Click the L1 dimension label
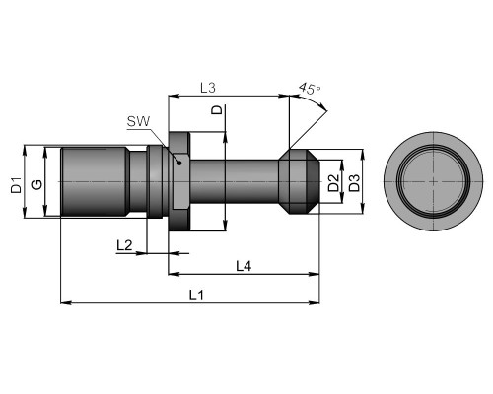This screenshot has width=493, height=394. point(196,295)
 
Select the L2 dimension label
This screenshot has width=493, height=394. point(124,245)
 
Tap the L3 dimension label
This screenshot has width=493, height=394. point(208,88)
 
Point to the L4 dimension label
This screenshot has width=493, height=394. point(244,266)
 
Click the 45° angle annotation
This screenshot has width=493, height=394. point(310,89)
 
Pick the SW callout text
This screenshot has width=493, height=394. point(138,122)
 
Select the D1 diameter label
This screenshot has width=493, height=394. point(16,185)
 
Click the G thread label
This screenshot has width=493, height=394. point(36,184)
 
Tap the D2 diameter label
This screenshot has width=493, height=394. point(334,183)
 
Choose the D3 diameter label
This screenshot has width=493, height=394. point(354,183)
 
